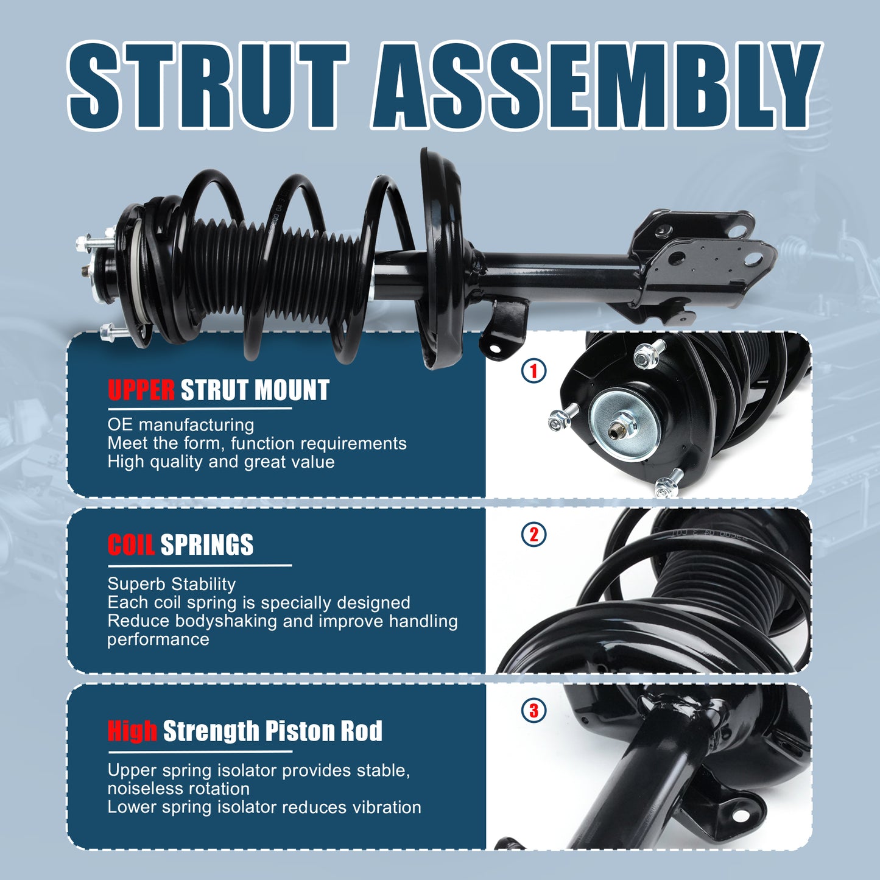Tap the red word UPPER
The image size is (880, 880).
[x=141, y=390]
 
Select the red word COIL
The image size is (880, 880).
[x=131, y=545]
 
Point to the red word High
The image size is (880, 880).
[x=132, y=731]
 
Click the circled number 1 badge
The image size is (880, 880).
[x=534, y=370]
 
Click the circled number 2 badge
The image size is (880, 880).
[x=534, y=535]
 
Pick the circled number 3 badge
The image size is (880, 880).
[x=534, y=710]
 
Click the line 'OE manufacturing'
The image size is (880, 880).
[x=181, y=424]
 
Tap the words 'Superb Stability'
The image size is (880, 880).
[x=171, y=583]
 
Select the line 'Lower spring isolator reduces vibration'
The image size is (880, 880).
[x=264, y=807]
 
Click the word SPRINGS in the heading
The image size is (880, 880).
[x=206, y=545]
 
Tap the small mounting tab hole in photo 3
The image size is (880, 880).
[x=741, y=815]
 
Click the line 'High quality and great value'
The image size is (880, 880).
[x=221, y=462]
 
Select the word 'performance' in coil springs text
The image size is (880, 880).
[x=158, y=639]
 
